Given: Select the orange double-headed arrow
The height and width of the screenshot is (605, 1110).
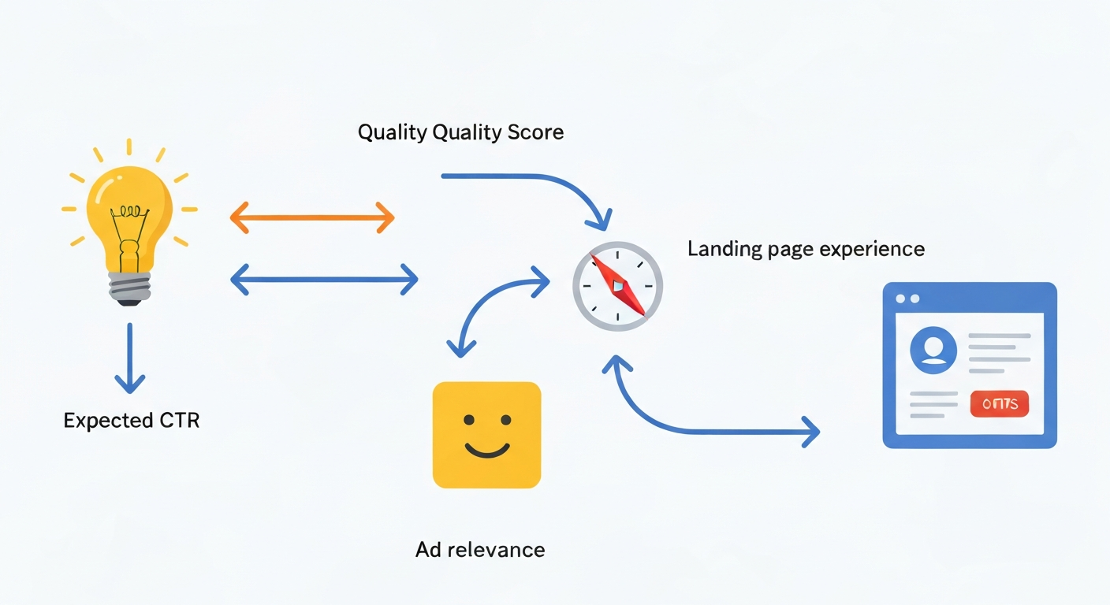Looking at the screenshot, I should (x=311, y=217).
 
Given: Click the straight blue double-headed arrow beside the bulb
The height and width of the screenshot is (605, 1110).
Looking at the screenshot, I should (x=323, y=279).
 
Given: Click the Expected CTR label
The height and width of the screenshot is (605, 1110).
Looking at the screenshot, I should (x=132, y=420).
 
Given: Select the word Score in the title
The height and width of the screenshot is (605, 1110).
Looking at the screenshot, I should (x=535, y=132).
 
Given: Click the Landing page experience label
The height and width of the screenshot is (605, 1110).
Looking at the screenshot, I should (x=806, y=249).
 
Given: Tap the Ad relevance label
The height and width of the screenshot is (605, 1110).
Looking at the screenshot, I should (x=480, y=549).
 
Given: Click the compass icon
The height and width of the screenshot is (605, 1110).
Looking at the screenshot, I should (x=617, y=285).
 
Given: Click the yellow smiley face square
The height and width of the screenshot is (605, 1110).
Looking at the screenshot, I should (x=486, y=435).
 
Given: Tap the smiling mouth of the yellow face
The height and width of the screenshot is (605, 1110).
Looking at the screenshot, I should (x=486, y=450).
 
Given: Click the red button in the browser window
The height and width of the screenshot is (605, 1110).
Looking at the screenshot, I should (x=999, y=404).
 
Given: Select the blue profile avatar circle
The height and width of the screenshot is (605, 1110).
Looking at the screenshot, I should (x=933, y=351).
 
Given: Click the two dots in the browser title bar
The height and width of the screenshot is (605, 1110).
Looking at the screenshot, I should (x=908, y=299).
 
